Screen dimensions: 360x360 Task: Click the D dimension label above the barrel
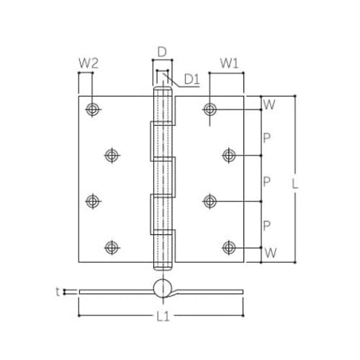pos(162,52)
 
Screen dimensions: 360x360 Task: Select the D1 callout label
pos(192,79)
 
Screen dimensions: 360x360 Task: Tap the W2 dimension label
pos(89,63)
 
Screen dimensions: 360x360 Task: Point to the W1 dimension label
pos(229,63)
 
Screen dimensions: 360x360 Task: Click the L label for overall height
pos(294,184)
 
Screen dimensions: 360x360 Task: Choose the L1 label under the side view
pos(163,316)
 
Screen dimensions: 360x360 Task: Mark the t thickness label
pos(58,292)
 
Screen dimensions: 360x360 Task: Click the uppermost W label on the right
pos(269,104)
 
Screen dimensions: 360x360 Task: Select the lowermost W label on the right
pos(271,253)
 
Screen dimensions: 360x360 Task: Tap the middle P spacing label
pos(266,181)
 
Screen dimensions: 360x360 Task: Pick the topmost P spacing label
pos(266,138)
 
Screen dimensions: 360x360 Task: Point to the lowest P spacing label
pos(266,225)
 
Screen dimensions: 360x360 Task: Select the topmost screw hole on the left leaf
pos(92,109)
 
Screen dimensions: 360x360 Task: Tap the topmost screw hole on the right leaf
pos(210,109)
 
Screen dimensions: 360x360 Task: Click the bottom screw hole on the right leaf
pos(229,248)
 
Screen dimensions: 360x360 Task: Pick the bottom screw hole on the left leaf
pos(112,248)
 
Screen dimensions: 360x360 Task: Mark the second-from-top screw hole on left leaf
pos(112,156)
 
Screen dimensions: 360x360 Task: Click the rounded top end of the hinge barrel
pos(163,88)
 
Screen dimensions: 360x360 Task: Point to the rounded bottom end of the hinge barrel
pos(163,269)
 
